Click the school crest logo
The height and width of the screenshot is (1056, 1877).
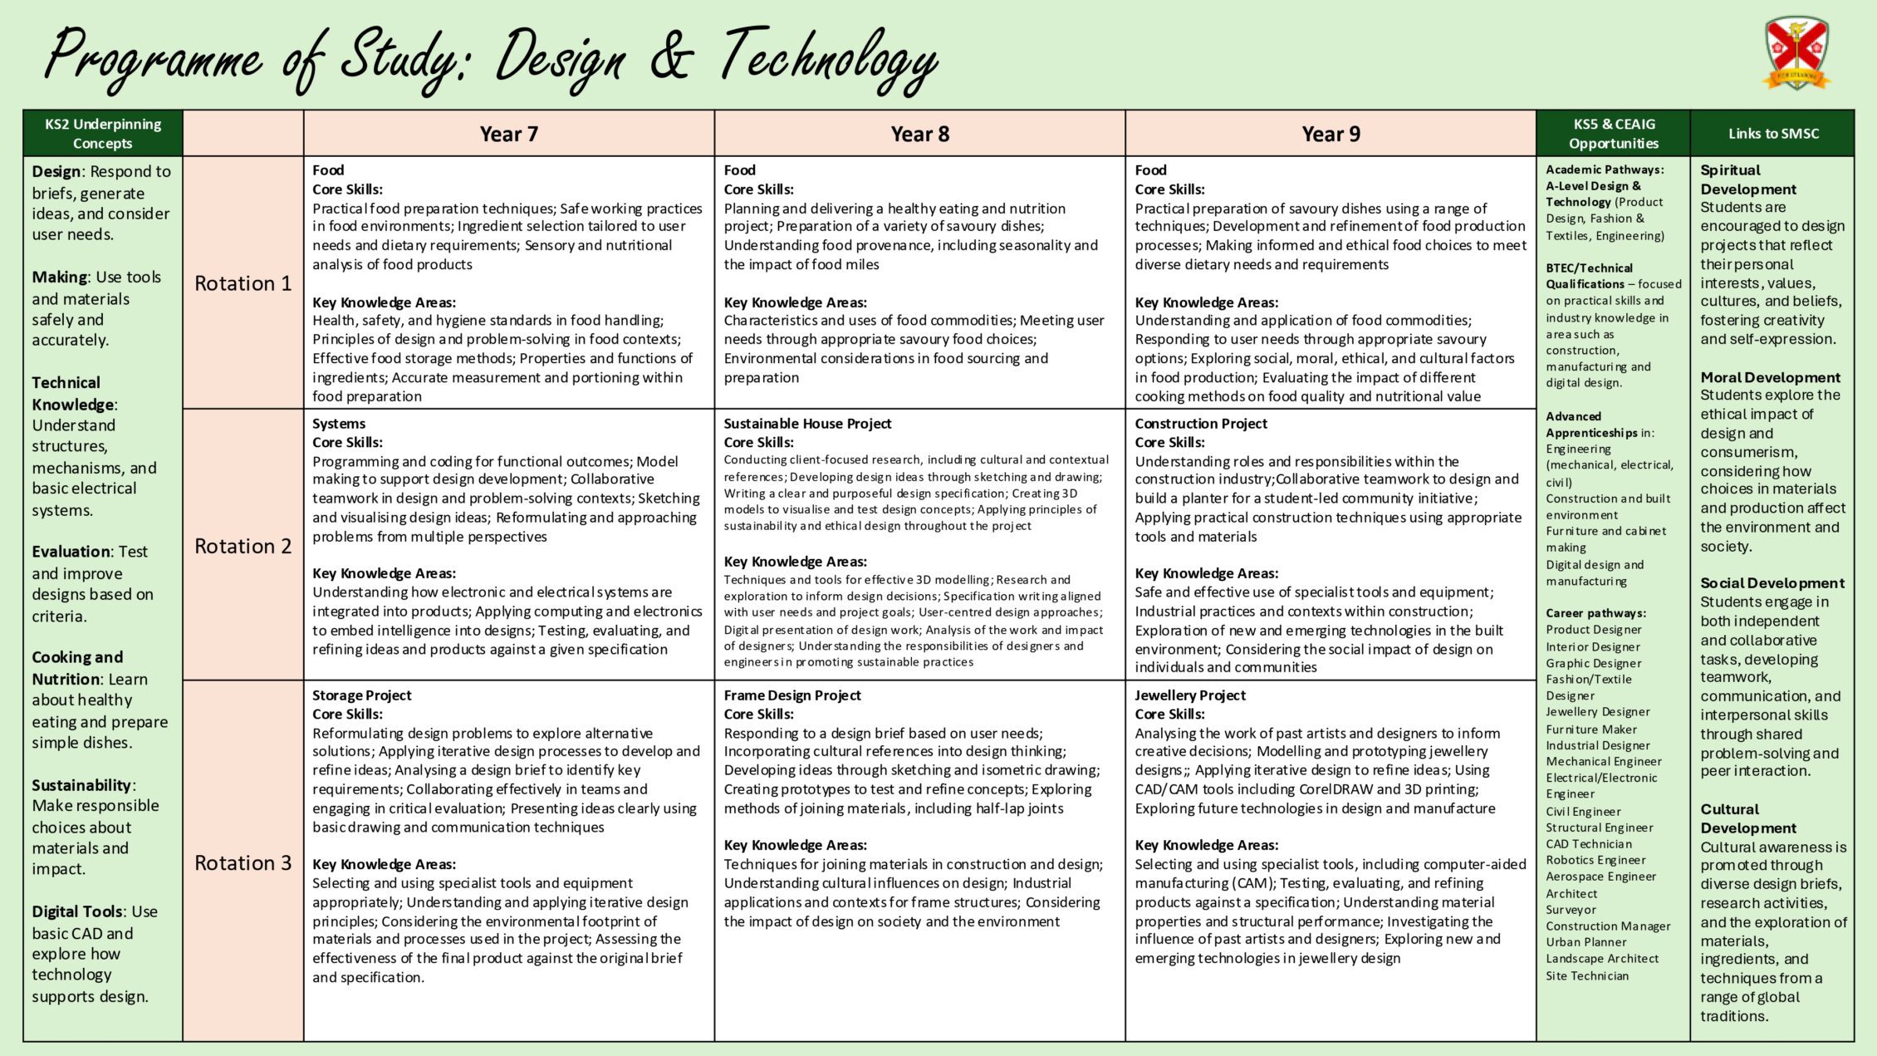coord(1796,53)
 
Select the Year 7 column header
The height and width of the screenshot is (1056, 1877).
coord(508,134)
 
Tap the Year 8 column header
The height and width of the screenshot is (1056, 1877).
coord(919,134)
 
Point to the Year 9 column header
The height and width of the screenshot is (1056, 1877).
coord(1331,134)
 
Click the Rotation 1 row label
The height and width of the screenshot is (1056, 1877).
coord(243,283)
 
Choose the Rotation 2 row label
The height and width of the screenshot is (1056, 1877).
coord(243,546)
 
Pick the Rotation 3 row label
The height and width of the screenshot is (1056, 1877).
coord(243,863)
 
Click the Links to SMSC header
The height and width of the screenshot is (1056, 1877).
coord(1773,134)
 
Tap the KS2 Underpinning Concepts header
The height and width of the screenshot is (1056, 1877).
coord(103,134)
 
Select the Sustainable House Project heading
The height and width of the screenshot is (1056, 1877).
coord(807,424)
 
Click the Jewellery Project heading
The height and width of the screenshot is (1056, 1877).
coord(1190,695)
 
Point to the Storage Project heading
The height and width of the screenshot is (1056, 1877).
coord(361,695)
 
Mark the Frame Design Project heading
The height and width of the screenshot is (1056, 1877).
coord(791,695)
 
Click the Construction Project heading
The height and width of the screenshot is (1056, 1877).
coord(1201,424)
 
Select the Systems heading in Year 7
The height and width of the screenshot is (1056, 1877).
coord(339,424)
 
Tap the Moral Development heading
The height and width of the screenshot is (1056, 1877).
coord(1770,377)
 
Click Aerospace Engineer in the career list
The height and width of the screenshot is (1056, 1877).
coord(1600,877)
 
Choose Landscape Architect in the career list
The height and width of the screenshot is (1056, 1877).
coord(1602,959)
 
